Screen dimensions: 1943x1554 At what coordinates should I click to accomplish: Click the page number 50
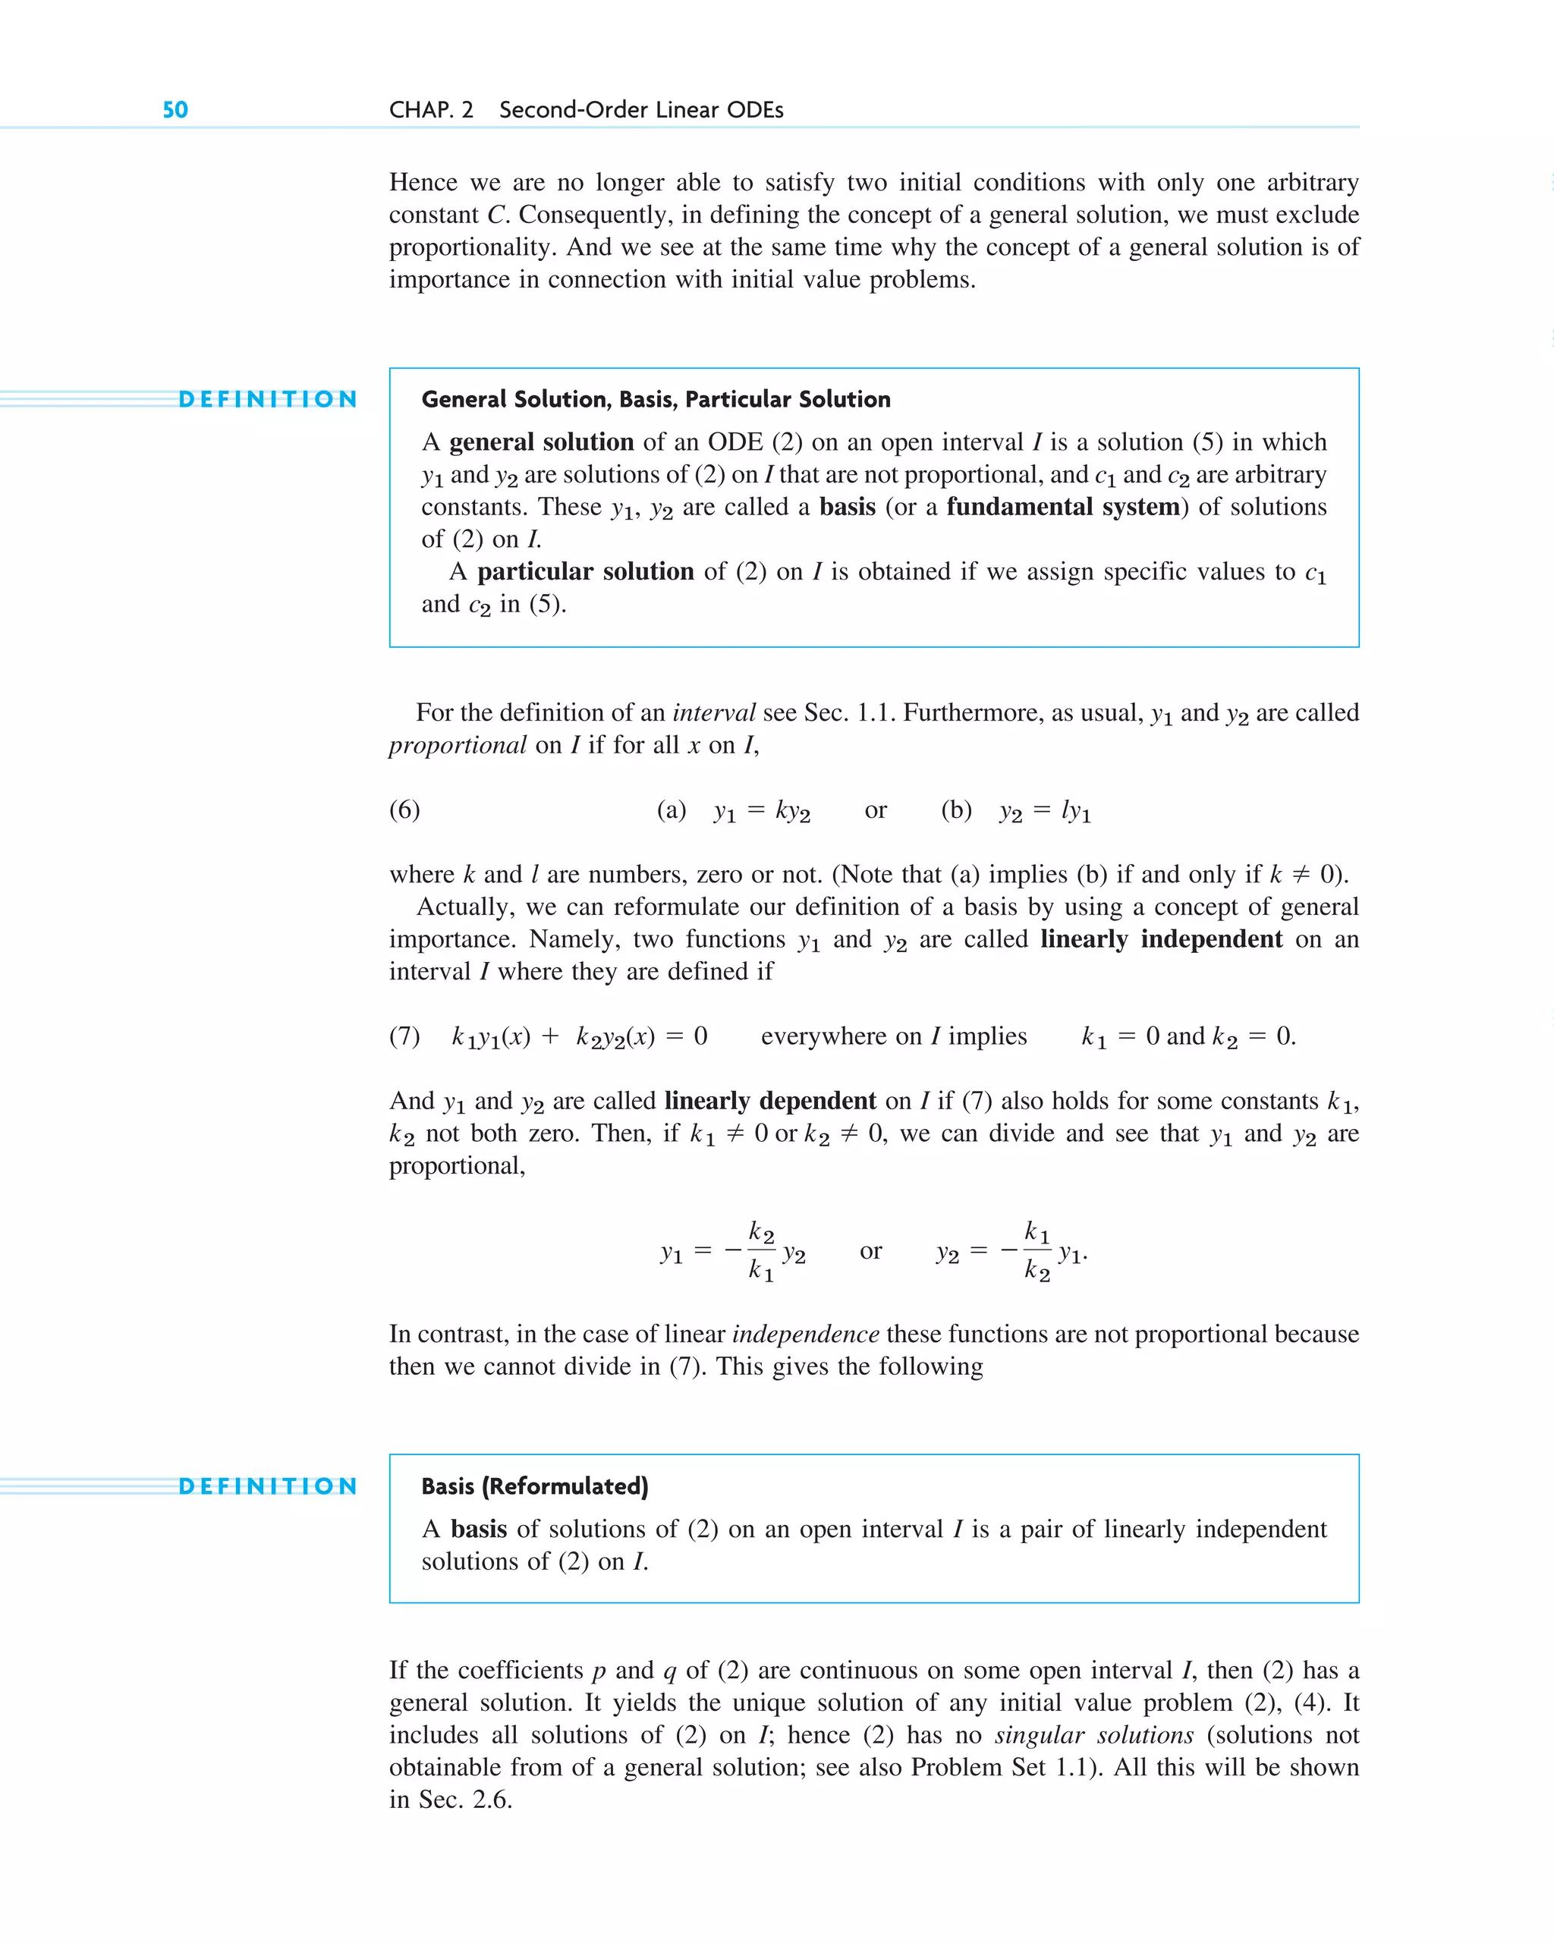[175, 110]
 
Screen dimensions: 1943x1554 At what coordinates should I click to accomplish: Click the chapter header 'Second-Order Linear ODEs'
[641, 110]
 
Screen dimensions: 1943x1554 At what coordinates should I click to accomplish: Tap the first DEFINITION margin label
[268, 399]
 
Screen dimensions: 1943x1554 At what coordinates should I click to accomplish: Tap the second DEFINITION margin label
[268, 1486]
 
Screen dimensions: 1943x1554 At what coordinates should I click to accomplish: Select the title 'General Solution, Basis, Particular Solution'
[656, 399]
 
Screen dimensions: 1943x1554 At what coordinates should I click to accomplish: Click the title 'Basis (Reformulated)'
[534, 1486]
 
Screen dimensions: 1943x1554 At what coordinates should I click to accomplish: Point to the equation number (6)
[404, 810]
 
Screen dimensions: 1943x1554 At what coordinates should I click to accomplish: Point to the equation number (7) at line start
[404, 1036]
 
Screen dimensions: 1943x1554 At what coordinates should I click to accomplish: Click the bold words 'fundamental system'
[1063, 507]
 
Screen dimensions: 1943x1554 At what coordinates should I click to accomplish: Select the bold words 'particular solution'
[585, 571]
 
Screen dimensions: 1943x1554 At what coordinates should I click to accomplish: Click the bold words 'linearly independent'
[1161, 939]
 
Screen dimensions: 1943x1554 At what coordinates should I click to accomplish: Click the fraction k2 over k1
[761, 1251]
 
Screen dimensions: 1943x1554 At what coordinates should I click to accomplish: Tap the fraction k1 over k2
[1037, 1251]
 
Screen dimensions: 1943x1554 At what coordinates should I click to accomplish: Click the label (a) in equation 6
[672, 810]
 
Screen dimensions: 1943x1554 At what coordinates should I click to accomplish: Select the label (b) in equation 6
[956, 810]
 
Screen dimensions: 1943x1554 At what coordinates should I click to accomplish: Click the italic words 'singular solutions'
[1094, 1735]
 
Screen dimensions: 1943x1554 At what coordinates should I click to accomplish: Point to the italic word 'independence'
[805, 1334]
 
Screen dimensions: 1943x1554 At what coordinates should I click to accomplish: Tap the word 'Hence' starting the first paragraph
[423, 183]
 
